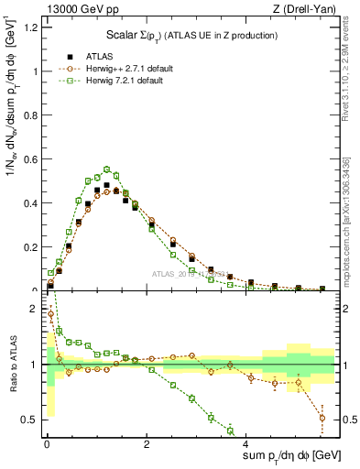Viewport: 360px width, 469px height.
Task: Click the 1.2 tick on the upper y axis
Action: point(30,27)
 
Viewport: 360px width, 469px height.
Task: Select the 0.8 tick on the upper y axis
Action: point(30,115)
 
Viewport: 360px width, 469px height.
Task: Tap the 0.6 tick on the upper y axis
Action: point(30,159)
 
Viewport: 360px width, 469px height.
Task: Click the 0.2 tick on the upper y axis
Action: point(30,247)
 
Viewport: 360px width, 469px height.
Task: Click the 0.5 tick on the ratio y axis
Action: point(30,420)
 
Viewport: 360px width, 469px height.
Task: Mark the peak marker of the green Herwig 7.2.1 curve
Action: point(106,169)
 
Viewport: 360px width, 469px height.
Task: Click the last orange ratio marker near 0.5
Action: point(322,418)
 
